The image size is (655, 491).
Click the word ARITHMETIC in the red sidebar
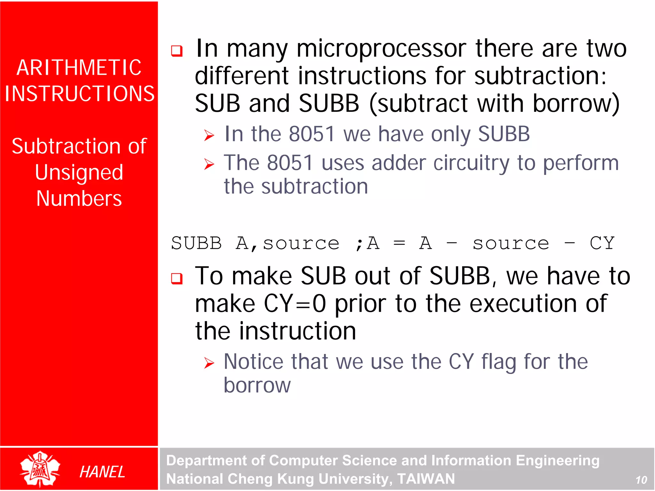click(79, 68)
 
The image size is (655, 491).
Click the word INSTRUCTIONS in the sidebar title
click(79, 94)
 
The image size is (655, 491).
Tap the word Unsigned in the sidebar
click(79, 173)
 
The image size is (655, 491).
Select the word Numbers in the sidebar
click(79, 199)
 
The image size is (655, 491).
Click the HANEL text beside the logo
click(102, 472)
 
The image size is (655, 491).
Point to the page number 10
click(641, 480)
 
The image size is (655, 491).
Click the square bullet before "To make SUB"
click(177, 278)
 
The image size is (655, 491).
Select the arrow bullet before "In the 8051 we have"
click(209, 135)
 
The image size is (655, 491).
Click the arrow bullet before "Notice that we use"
click(209, 363)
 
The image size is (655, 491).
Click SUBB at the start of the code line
click(196, 243)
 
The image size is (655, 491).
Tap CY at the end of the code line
click(602, 243)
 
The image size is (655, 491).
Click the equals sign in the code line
click(399, 243)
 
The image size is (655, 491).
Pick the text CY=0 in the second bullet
click(295, 303)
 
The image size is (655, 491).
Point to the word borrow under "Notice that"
click(257, 385)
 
